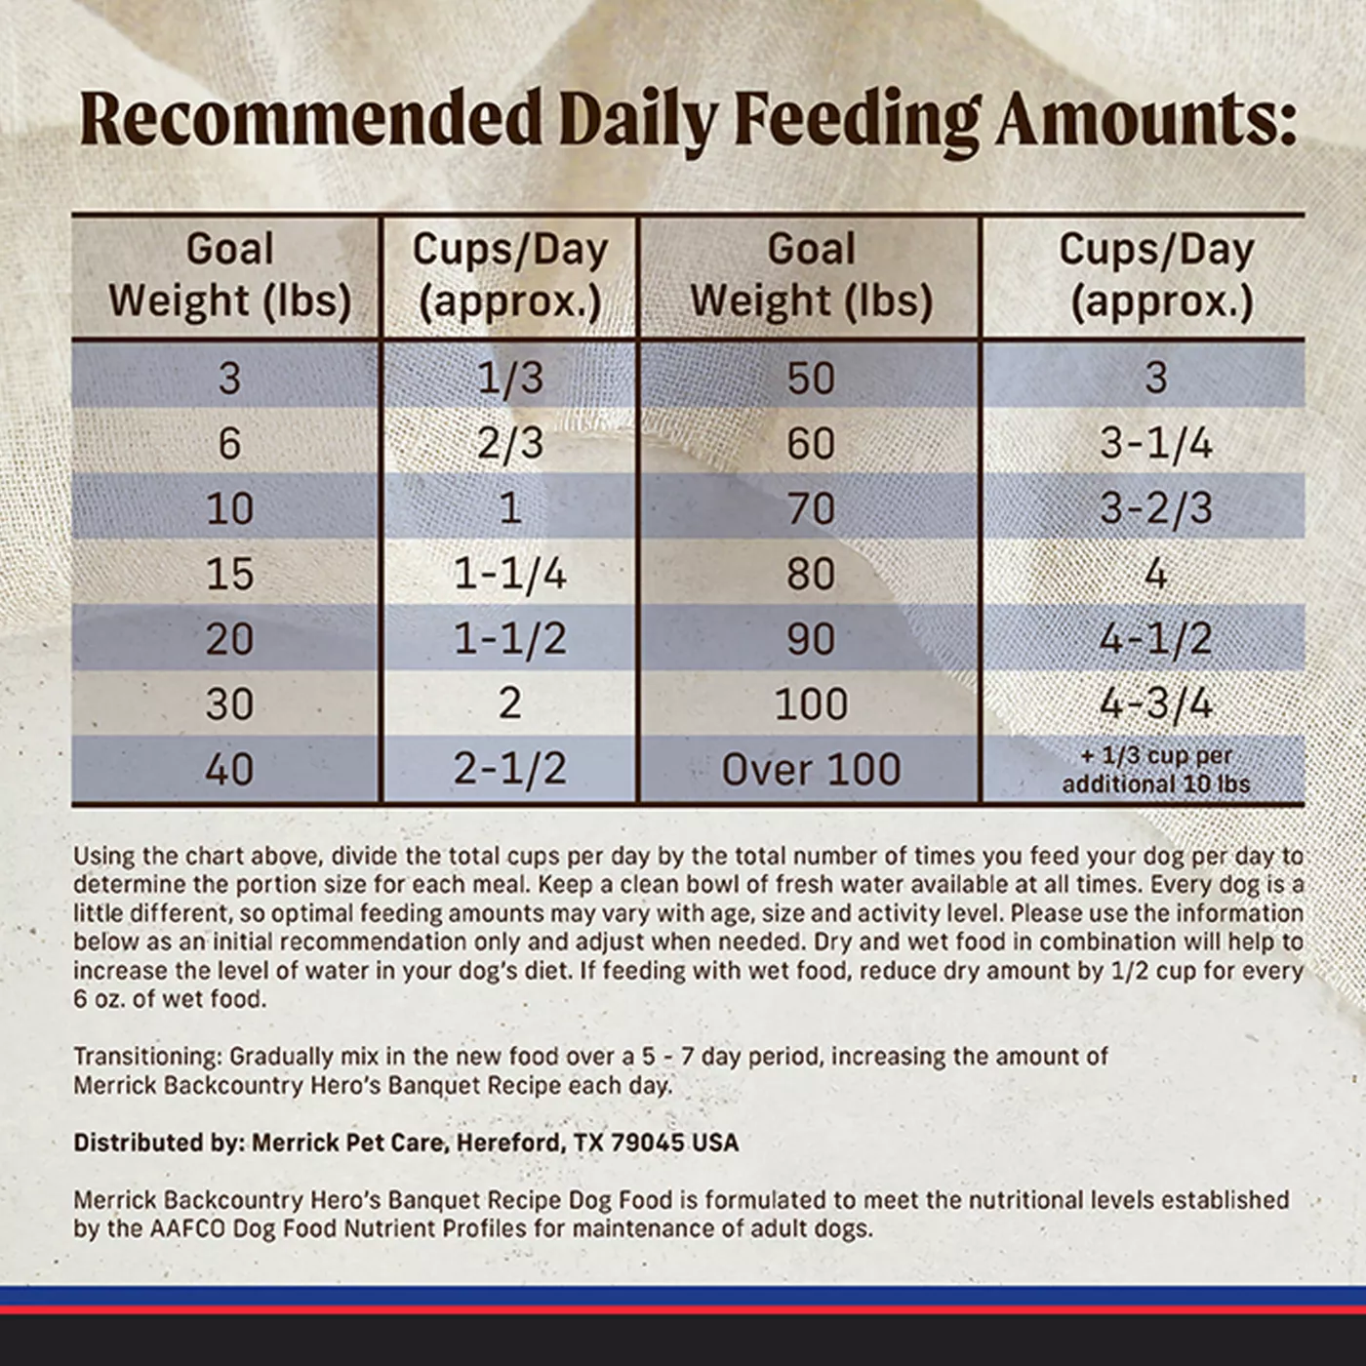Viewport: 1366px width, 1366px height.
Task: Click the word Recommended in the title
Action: [310, 118]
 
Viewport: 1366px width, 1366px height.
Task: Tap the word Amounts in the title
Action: [1145, 118]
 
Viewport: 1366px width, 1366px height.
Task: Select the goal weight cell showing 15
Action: [229, 574]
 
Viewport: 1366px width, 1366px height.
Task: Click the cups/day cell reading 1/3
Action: [510, 378]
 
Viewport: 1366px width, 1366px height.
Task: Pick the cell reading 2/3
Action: [510, 444]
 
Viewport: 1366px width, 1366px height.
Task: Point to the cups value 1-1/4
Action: [510, 574]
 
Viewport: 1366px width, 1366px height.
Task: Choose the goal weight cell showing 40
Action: [229, 769]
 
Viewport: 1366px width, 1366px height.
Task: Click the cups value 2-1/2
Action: [510, 769]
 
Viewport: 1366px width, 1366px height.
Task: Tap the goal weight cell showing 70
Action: [811, 509]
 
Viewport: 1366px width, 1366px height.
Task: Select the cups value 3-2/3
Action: [1156, 509]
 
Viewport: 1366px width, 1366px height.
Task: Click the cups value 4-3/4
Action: [1156, 703]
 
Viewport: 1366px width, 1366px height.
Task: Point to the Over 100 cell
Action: [811, 769]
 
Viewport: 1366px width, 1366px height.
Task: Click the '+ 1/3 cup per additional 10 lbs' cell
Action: [1156, 770]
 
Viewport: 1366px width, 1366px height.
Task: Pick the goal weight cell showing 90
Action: [811, 639]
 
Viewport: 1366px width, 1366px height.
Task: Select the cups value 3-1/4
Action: [1156, 444]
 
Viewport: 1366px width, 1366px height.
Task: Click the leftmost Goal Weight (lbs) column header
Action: [229, 275]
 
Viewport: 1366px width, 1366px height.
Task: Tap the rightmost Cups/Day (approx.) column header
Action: [1156, 275]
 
